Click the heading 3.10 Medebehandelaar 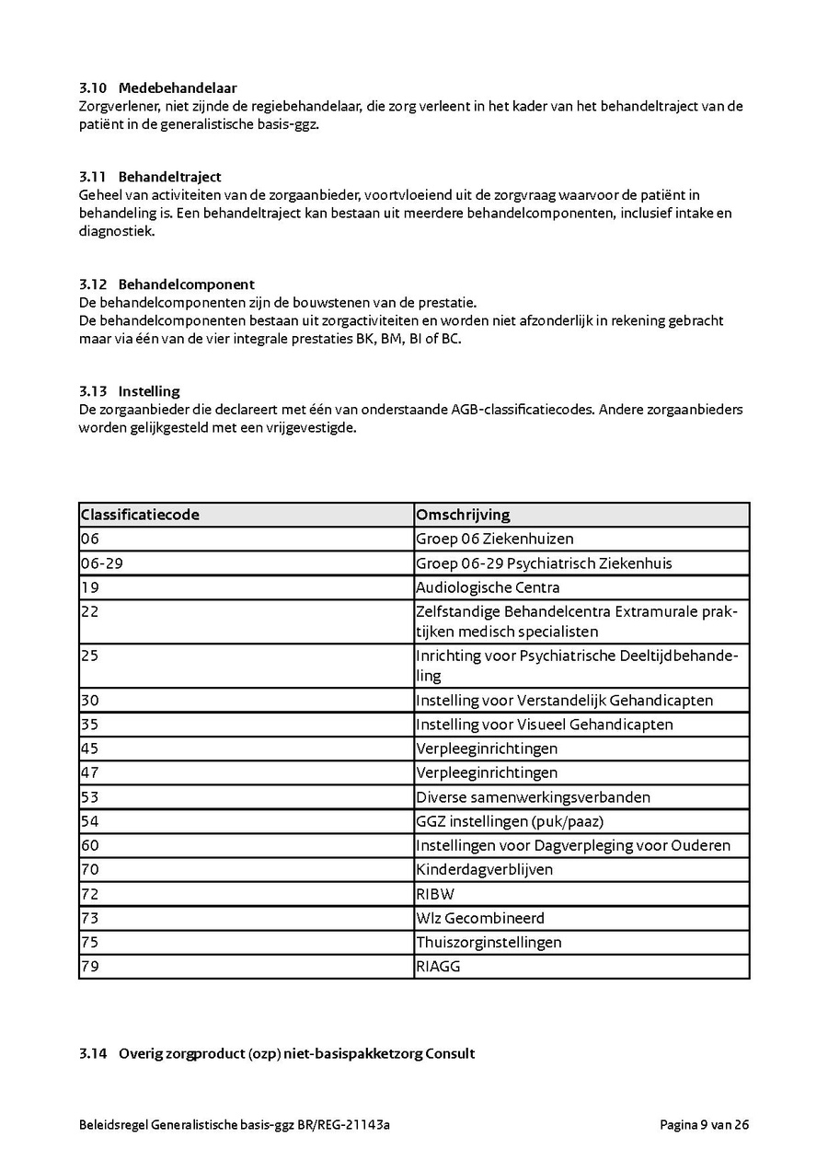click(157, 88)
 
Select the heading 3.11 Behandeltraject click(150, 177)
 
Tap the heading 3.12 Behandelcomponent click(167, 284)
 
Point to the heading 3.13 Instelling click(129, 391)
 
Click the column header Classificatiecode click(140, 515)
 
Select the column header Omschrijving click(463, 515)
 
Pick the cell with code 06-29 click(102, 563)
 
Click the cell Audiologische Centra click(488, 587)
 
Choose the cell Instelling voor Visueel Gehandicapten click(545, 725)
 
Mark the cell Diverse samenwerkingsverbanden click(533, 797)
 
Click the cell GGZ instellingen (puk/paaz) click(510, 821)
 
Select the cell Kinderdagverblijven click(484, 869)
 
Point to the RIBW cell click(435, 894)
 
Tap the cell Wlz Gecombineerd click(480, 918)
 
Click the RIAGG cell click(438, 967)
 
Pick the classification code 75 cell click(90, 942)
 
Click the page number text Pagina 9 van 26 click(704, 1124)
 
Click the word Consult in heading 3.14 click(450, 1053)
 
